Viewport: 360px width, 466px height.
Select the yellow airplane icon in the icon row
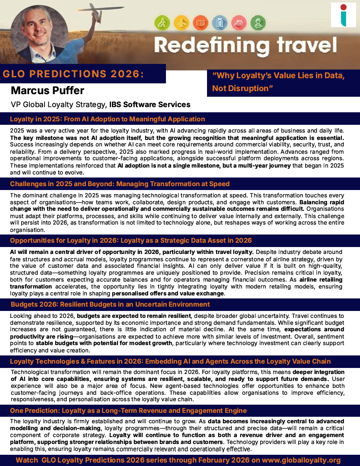click(x=181, y=22)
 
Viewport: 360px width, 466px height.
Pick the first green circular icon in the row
click(x=162, y=22)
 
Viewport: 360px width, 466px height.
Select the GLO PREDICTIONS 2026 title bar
click(x=73, y=74)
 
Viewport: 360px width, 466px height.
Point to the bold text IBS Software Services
click(x=150, y=105)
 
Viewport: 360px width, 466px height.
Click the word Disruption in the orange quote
click(x=248, y=89)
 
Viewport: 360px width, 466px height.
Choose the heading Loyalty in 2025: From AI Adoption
click(x=107, y=119)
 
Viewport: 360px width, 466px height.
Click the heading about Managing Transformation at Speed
click(x=120, y=184)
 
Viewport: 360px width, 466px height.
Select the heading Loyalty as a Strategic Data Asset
click(x=131, y=240)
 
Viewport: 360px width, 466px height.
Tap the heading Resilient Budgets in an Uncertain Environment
click(x=104, y=304)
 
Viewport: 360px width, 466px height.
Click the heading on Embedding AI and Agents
click(x=170, y=361)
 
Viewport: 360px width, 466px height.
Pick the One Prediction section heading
click(x=128, y=410)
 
